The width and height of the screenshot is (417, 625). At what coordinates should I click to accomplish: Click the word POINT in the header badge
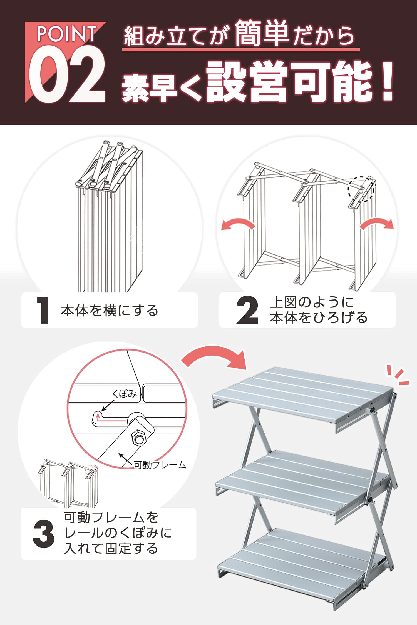(x=67, y=34)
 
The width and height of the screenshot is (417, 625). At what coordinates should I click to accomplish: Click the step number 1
(x=43, y=310)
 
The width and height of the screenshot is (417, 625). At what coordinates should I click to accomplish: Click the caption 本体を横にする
(x=110, y=311)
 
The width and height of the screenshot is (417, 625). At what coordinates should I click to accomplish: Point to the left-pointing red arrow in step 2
(x=238, y=225)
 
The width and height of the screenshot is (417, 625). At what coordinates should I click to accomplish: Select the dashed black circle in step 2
(x=361, y=189)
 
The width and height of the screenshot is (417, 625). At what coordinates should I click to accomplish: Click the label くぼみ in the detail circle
(x=124, y=394)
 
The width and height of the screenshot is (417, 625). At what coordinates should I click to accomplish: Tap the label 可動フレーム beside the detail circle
(x=160, y=465)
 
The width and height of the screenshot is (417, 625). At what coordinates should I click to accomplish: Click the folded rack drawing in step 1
(x=110, y=217)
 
